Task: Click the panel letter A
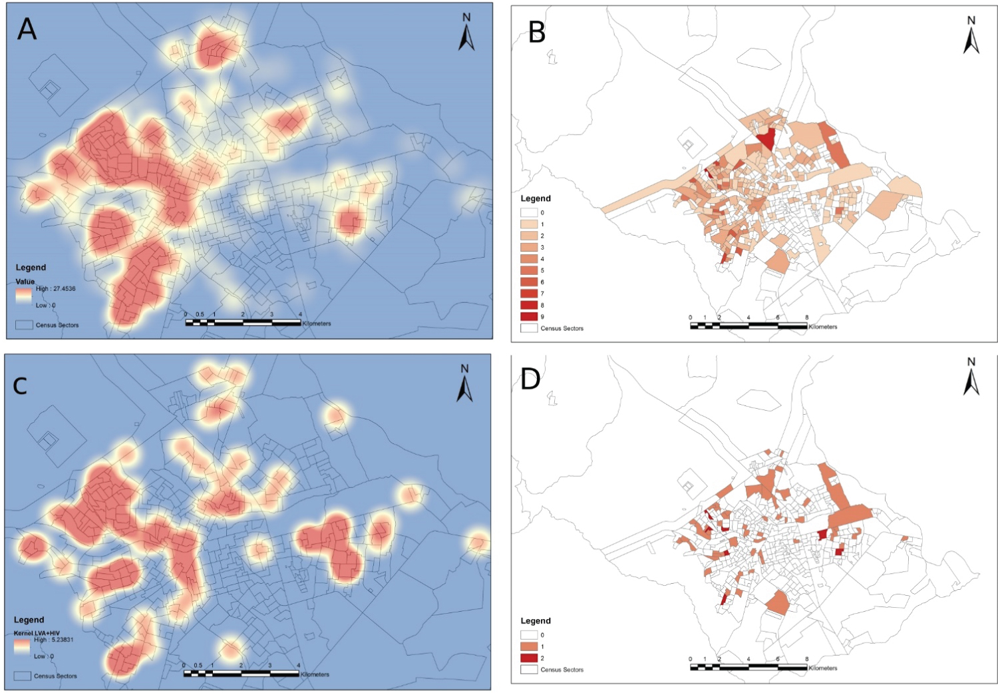coord(27,29)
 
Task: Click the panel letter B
coord(537,32)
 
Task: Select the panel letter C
coord(20,386)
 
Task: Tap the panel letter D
coord(530,379)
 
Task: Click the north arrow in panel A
coord(466,33)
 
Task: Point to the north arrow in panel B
coord(971,36)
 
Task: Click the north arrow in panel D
coord(971,377)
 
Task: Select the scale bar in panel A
coord(243,322)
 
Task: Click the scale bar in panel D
coord(748,666)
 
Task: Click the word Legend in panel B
coord(536,198)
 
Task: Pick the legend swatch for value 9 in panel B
coord(529,316)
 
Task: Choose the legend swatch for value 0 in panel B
coord(529,213)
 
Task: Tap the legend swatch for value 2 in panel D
coord(529,658)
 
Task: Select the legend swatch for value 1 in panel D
coord(529,646)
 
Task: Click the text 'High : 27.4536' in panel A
coord(56,289)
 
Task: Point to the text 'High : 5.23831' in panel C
coord(54,640)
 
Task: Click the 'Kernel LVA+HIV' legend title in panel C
coord(37,633)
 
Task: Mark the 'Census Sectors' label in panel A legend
coord(57,326)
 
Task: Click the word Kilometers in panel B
coord(823,327)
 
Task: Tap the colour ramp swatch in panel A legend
coord(24,296)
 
